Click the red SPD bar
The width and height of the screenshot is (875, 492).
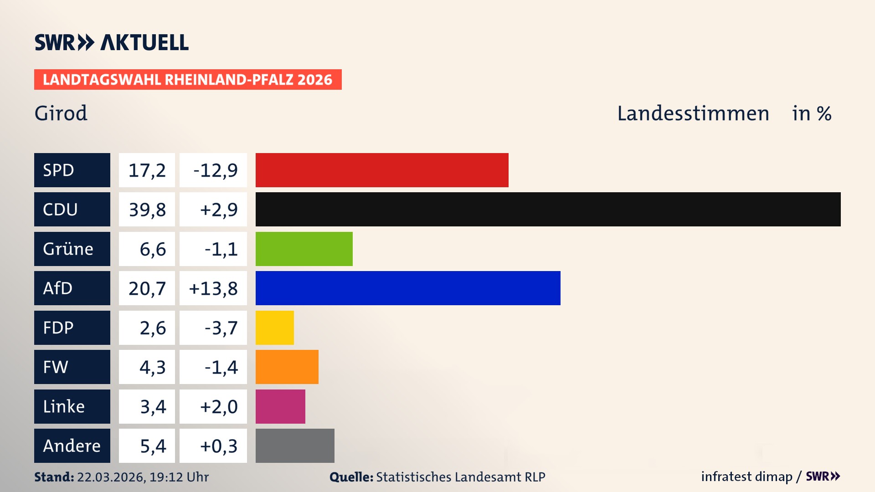click(382, 170)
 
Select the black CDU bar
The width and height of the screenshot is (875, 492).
click(548, 209)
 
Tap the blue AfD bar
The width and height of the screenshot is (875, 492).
click(408, 288)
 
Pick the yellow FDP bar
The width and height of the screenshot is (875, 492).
click(274, 328)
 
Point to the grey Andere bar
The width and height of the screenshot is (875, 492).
click(295, 446)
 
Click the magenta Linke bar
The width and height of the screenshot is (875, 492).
click(280, 406)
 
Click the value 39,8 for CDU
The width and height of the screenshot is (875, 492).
click(147, 210)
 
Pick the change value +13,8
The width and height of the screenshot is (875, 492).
click(213, 288)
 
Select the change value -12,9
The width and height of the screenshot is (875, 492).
click(215, 170)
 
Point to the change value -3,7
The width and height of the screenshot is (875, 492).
click(221, 328)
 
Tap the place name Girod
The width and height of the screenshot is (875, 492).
click(61, 113)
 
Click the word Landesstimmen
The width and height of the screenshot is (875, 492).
click(693, 113)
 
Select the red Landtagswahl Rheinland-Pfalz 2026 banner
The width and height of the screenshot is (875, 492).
click(188, 80)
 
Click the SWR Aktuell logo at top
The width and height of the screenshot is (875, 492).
click(112, 42)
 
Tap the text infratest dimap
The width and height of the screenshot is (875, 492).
click(746, 477)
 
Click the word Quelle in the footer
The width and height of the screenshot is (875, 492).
click(351, 477)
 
